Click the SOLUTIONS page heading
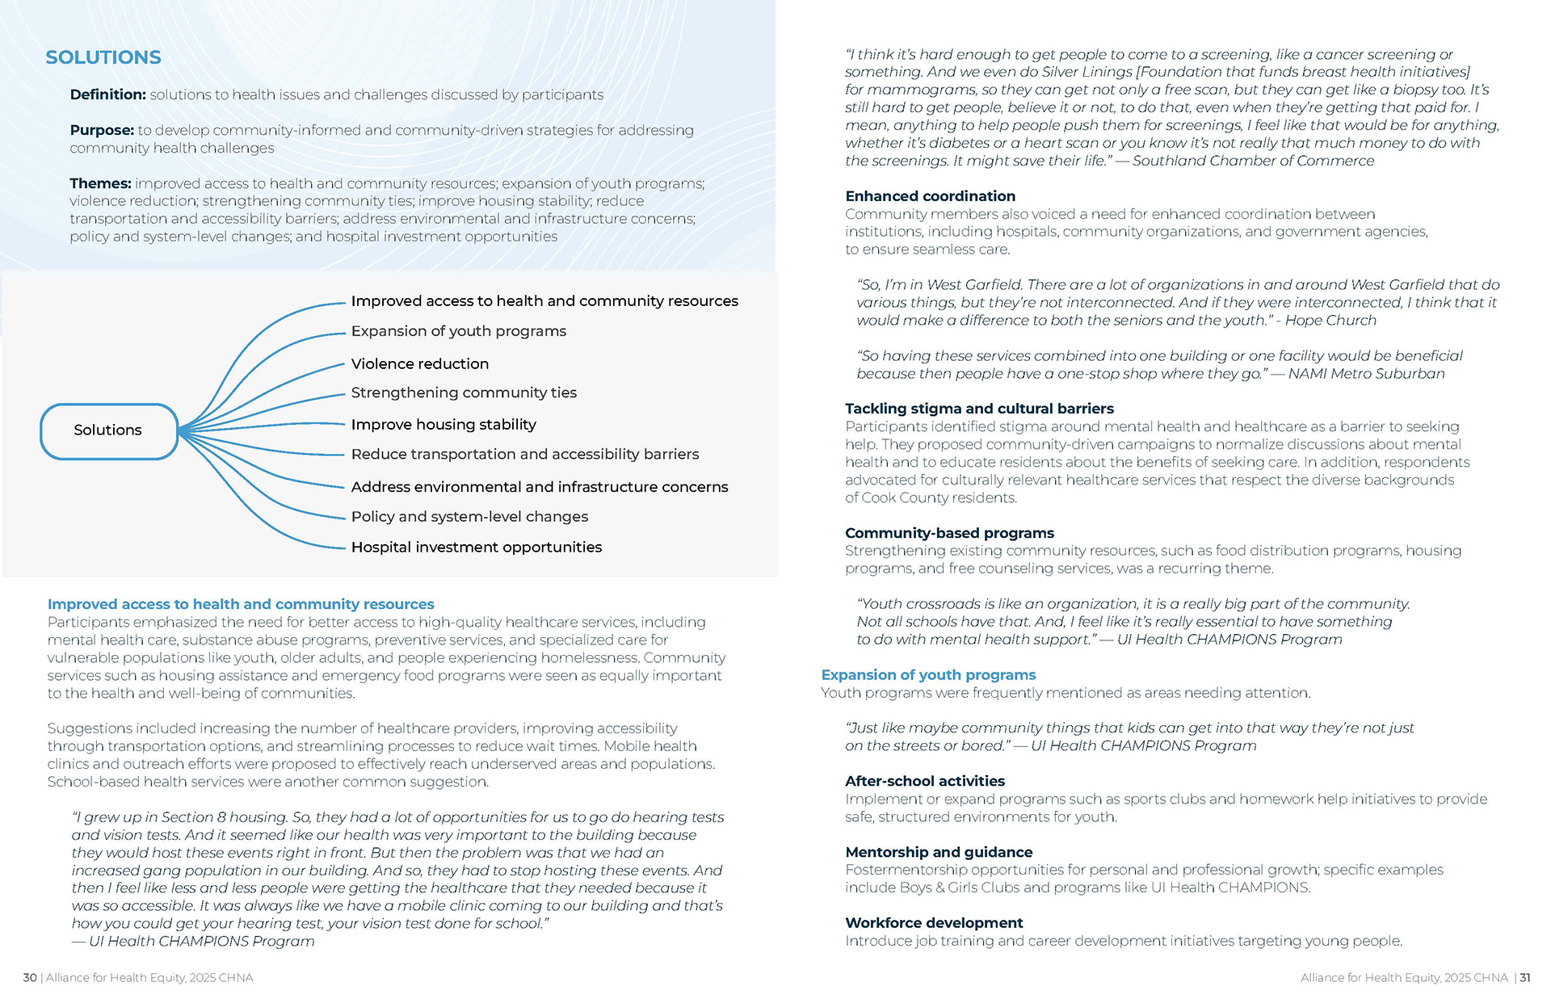click(x=103, y=57)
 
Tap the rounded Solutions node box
click(x=108, y=430)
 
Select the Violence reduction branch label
click(x=419, y=364)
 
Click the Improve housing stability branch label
click(x=443, y=425)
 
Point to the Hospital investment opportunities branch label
click(x=476, y=548)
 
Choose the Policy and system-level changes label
click(x=469, y=517)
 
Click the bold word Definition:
click(x=107, y=94)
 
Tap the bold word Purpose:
click(x=102, y=130)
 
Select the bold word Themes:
click(x=100, y=183)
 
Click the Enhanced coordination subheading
click(x=930, y=196)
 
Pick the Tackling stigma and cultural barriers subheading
click(x=979, y=409)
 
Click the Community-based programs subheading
click(x=949, y=533)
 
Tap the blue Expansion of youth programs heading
click(x=928, y=675)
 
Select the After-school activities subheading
click(x=925, y=781)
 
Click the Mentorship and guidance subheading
click(x=939, y=852)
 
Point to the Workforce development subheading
click(x=934, y=923)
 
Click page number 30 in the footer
click(x=30, y=978)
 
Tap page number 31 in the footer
click(x=1525, y=978)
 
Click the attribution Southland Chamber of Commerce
click(x=1252, y=161)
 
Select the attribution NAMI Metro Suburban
click(x=1366, y=374)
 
